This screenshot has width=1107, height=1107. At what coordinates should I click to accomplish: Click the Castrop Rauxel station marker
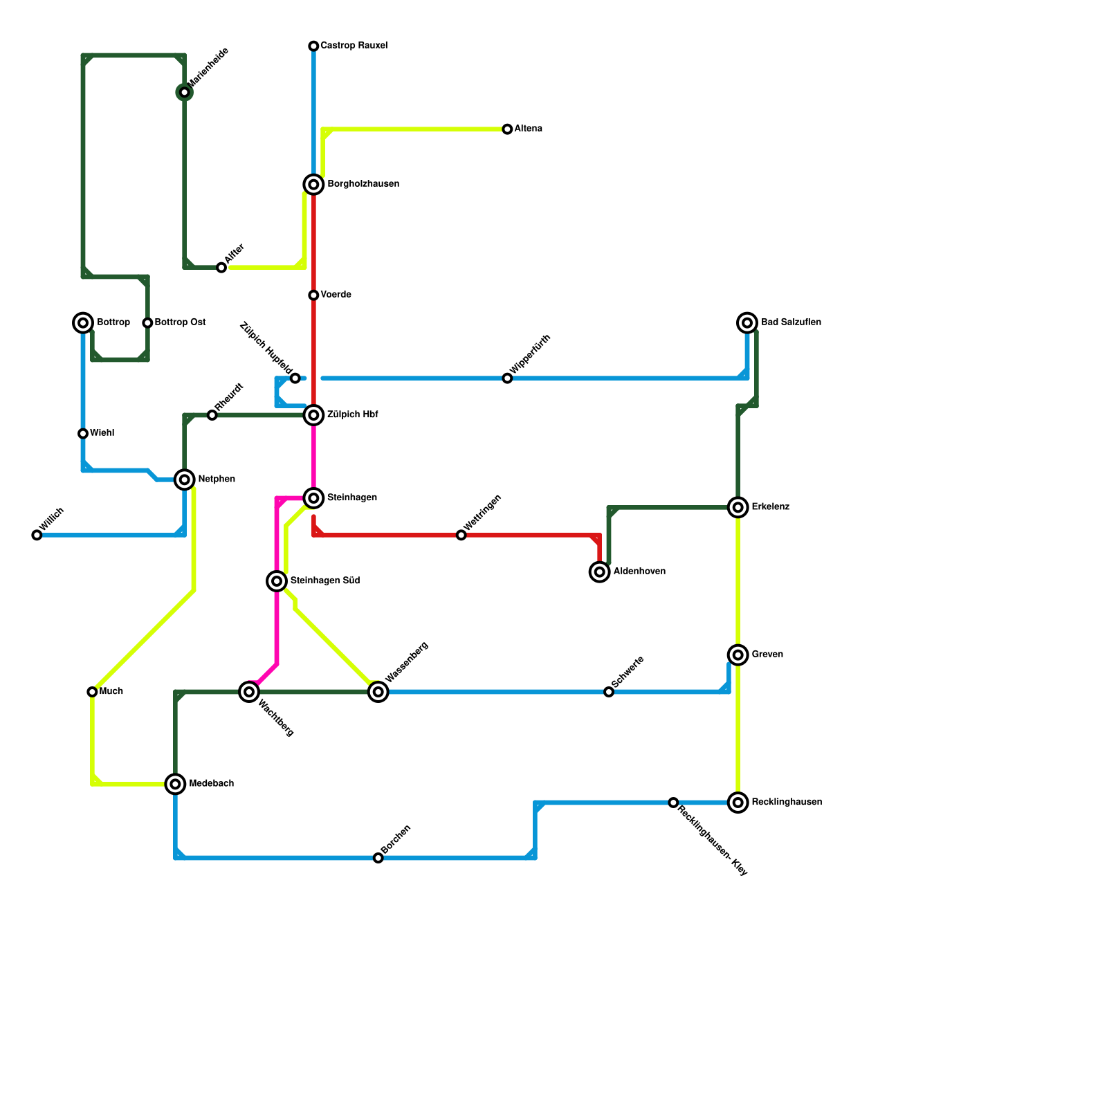pyautogui.click(x=313, y=46)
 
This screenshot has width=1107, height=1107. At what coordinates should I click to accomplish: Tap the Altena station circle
pyautogui.click(x=507, y=129)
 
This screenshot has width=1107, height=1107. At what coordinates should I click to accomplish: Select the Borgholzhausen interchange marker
pyautogui.click(x=313, y=184)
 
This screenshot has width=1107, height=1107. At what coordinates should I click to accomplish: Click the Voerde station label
pyautogui.click(x=336, y=295)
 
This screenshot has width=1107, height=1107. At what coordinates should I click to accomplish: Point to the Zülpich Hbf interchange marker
pyautogui.click(x=313, y=415)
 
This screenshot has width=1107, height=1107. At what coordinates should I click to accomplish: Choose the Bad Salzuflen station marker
pyautogui.click(x=747, y=322)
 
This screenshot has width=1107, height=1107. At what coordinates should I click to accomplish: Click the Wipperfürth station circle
pyautogui.click(x=507, y=378)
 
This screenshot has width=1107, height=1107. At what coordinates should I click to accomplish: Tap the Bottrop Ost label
pyautogui.click(x=180, y=322)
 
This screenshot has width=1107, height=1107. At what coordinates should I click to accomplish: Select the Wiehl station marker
pyautogui.click(x=83, y=434)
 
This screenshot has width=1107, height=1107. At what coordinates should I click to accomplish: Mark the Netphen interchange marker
pyautogui.click(x=184, y=479)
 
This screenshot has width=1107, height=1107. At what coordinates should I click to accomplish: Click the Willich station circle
pyautogui.click(x=37, y=535)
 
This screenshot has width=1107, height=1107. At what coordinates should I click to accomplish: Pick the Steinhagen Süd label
pyautogui.click(x=324, y=580)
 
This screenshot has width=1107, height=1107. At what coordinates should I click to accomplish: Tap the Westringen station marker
pyautogui.click(x=461, y=535)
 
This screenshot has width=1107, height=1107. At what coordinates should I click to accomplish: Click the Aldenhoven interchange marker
pyautogui.click(x=600, y=572)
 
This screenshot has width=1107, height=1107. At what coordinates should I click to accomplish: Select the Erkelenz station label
pyautogui.click(x=770, y=507)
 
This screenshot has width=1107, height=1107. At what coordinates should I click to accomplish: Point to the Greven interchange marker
pyautogui.click(x=738, y=655)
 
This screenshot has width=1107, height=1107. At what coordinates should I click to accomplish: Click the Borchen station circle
pyautogui.click(x=378, y=858)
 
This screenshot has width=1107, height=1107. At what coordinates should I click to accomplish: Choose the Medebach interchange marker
pyautogui.click(x=176, y=784)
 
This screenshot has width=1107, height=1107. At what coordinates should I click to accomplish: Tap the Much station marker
pyautogui.click(x=92, y=692)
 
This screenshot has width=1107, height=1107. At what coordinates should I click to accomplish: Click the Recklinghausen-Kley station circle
pyautogui.click(x=673, y=803)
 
